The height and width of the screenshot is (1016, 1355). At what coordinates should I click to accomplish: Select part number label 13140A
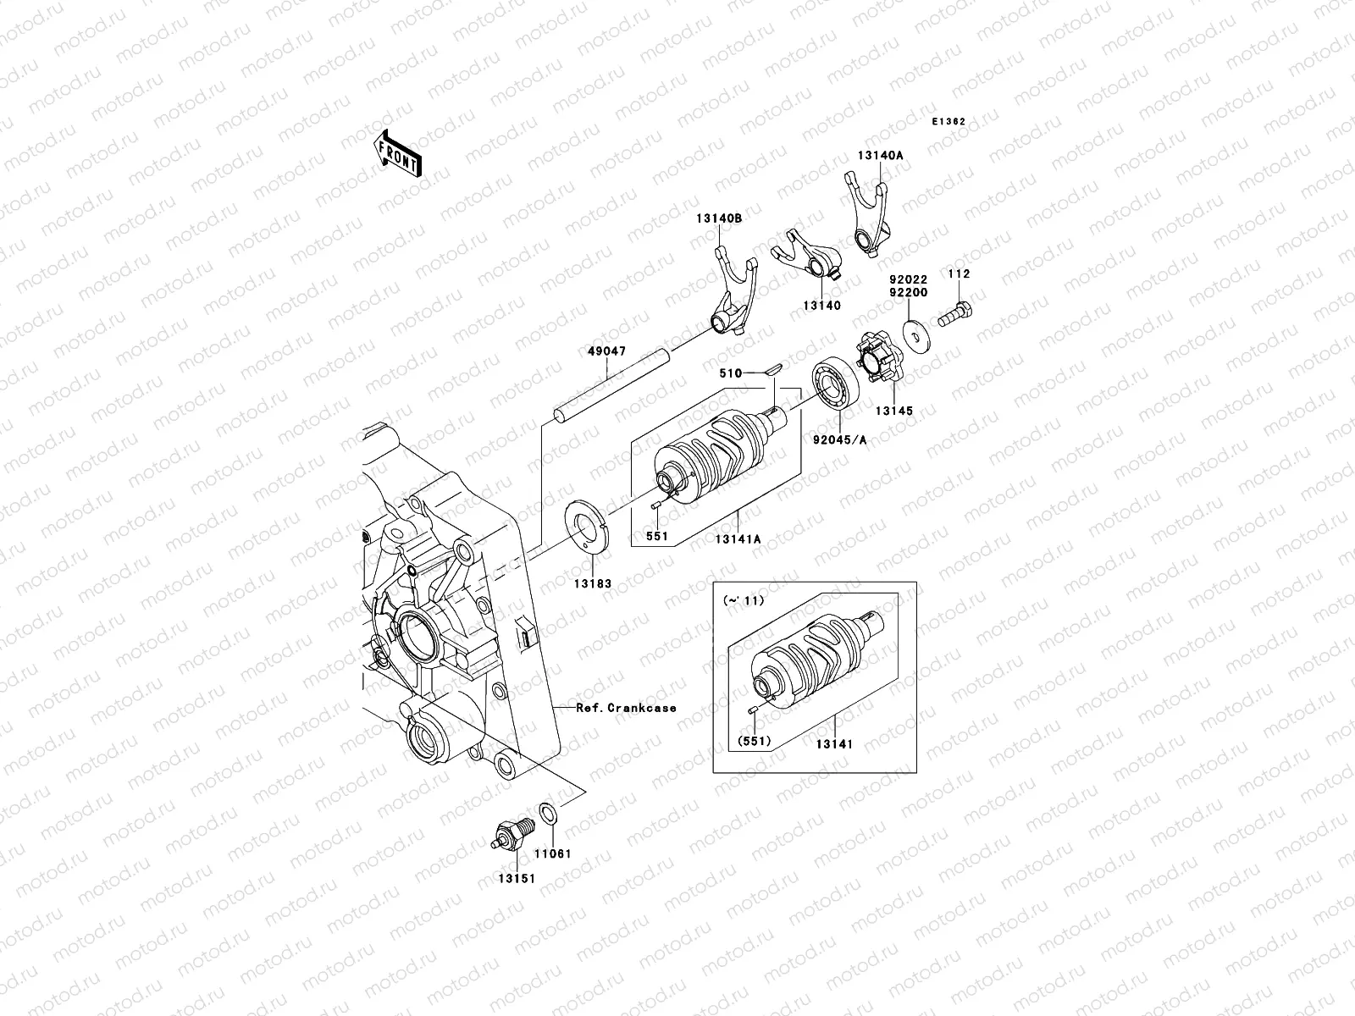pyautogui.click(x=880, y=156)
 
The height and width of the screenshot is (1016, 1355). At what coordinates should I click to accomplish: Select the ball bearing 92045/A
pyautogui.click(x=838, y=385)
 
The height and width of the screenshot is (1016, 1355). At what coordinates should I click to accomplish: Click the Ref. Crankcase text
pyautogui.click(x=626, y=708)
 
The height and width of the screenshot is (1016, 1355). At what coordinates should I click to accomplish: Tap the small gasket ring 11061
pyautogui.click(x=548, y=816)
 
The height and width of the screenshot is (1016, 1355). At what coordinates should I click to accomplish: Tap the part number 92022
pyautogui.click(x=908, y=279)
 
